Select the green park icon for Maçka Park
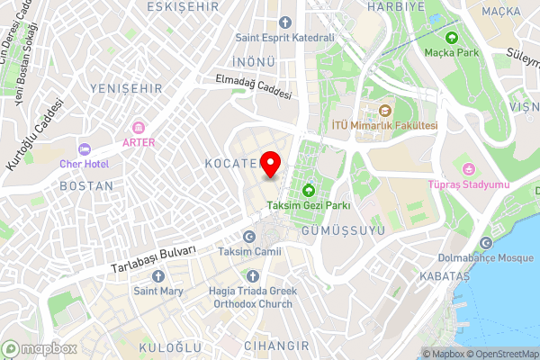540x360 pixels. [x=452, y=39]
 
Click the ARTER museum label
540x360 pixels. [x=138, y=142]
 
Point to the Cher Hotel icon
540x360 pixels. [x=85, y=148]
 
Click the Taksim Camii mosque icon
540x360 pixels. [x=249, y=237]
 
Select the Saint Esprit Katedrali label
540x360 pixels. [x=284, y=38]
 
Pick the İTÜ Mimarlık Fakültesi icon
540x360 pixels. [x=384, y=111]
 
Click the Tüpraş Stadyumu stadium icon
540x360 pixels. [x=467, y=168]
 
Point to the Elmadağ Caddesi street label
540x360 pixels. [x=255, y=87]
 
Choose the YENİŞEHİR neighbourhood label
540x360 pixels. [x=126, y=88]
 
